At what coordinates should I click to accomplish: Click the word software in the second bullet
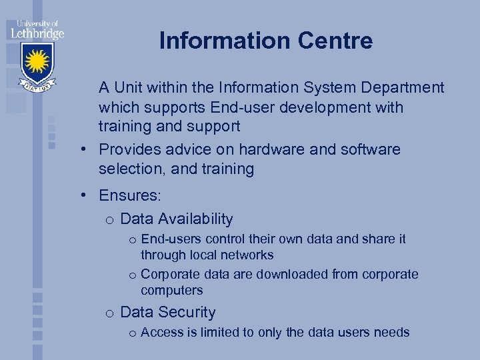click(369, 149)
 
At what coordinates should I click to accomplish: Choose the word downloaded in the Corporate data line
click(296, 274)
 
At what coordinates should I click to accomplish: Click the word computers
click(171, 290)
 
